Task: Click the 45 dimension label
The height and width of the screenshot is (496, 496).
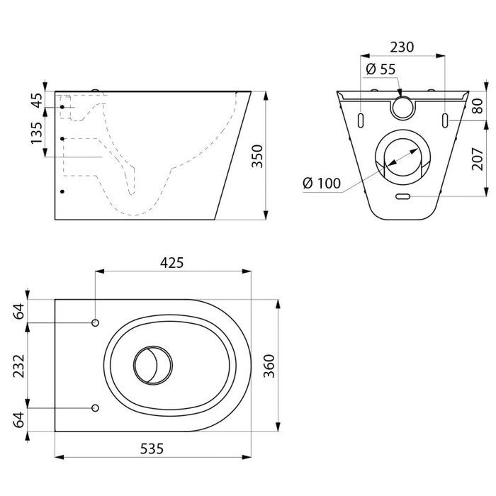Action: tap(38, 99)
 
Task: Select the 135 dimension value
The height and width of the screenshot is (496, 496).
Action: tap(38, 132)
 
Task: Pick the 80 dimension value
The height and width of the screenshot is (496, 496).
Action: tap(478, 107)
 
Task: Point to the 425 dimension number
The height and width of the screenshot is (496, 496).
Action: tap(172, 263)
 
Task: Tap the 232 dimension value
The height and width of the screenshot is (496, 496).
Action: tap(19, 366)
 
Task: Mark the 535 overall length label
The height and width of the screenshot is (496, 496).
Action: tap(154, 448)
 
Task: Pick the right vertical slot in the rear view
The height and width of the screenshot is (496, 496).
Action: tap(445, 118)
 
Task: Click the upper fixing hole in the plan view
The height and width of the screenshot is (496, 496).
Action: tap(95, 324)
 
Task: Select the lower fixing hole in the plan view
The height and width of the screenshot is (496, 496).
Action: tap(95, 407)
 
